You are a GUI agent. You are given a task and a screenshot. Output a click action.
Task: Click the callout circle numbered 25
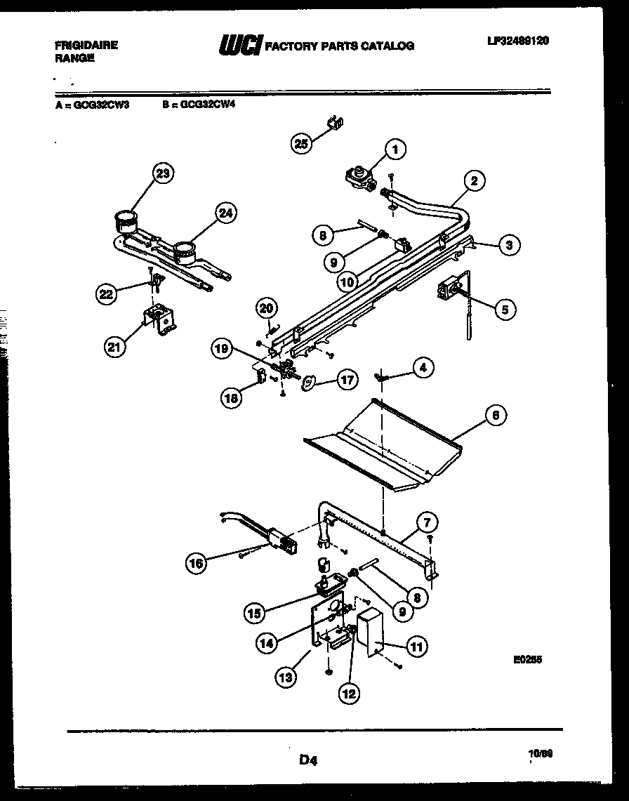point(300,143)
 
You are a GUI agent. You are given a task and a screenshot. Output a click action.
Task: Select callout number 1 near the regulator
point(396,148)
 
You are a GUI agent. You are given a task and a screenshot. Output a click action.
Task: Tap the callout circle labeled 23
point(164,173)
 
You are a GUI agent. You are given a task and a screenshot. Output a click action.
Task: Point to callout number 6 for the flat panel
point(496,415)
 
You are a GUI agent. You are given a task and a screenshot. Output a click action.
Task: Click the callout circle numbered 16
point(197,562)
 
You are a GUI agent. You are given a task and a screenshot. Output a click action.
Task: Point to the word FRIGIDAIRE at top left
point(86,45)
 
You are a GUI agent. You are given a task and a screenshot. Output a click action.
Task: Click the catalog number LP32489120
point(518,41)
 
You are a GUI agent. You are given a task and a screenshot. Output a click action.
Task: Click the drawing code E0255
point(527,659)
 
